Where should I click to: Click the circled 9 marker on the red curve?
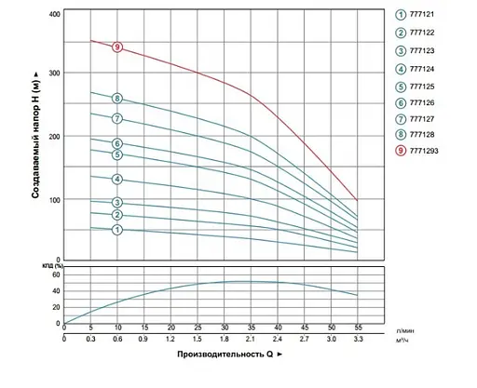coord(117,47)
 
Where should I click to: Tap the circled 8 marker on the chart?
coord(117,99)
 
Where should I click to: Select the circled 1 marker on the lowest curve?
coord(117,229)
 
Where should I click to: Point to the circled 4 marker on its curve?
coord(117,179)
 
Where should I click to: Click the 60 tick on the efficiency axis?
coord(55,275)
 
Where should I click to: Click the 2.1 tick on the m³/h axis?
coord(251,338)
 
